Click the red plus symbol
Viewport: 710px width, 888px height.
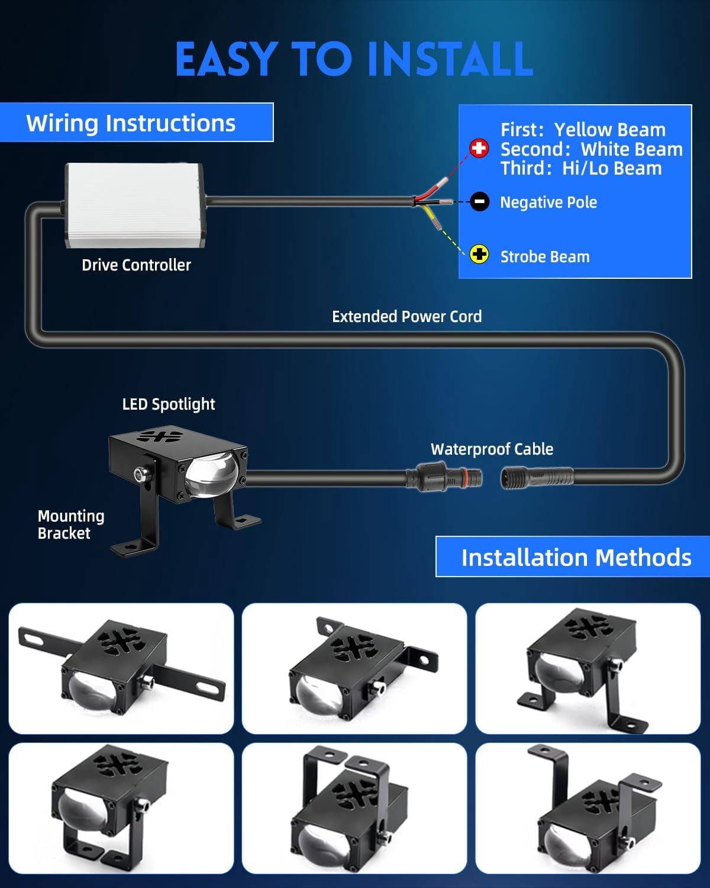tap(479, 148)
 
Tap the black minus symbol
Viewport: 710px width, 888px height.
tap(479, 202)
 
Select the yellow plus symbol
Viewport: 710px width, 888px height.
tap(479, 255)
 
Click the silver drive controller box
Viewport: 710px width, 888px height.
tap(134, 205)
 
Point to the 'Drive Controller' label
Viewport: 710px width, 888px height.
tap(136, 265)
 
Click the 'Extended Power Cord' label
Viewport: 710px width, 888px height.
tap(407, 317)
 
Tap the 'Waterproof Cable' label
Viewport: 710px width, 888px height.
tap(492, 449)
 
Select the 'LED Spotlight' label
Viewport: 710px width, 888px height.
tap(168, 404)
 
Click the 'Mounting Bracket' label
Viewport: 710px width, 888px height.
tap(71, 525)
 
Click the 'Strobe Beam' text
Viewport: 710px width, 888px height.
tap(545, 257)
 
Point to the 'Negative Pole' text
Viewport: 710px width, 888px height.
tap(548, 202)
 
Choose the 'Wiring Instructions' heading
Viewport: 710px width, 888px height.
tap(131, 123)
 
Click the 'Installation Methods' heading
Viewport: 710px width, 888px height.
tap(576, 558)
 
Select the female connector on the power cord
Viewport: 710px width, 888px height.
tap(537, 478)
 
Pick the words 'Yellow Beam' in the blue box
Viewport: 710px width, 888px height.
tap(610, 130)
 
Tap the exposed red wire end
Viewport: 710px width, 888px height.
tap(442, 183)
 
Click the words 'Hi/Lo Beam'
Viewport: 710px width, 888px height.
tap(612, 169)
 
